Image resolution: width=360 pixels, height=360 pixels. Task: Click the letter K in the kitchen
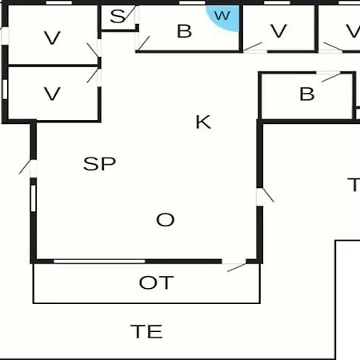pos(203,122)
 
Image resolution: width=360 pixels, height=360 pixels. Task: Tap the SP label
pos(99,164)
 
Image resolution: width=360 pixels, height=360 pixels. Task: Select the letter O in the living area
pos(166,220)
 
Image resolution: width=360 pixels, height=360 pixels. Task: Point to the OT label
pos(156,282)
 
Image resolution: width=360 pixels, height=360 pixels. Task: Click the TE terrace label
pos(146,331)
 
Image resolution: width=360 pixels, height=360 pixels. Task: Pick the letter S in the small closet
pos(118,16)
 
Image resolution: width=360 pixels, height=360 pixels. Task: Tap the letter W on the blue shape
pos(222,15)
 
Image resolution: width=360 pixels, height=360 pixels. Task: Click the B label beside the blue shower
pos(184,31)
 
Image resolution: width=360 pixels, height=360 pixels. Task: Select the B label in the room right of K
pos(307,94)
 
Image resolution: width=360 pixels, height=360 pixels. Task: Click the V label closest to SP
pos(52,94)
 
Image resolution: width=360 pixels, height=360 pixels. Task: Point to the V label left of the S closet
pos(52,38)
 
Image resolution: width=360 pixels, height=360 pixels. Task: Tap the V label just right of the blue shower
pos(278,31)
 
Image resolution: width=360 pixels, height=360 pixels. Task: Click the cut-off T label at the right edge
pos(354,185)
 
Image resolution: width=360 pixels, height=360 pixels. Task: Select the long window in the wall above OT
pos(99,261)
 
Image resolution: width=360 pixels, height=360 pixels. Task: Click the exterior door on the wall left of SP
pos(28,167)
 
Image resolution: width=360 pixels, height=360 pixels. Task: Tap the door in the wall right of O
pos(264,195)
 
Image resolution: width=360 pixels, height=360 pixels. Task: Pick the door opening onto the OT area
pos(236,266)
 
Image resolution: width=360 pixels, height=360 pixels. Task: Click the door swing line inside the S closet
pos(130,14)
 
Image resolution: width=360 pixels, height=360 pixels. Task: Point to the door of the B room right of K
pos(330,77)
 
